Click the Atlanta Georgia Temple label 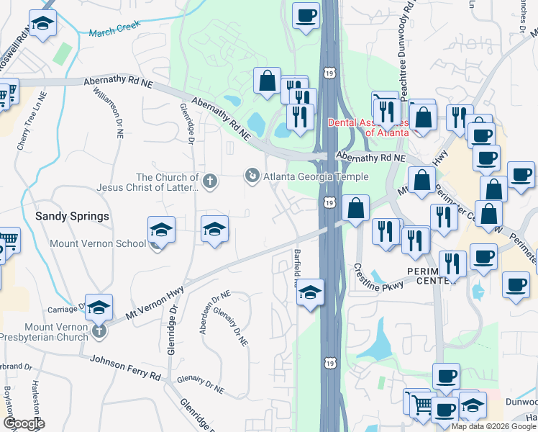tap(316, 176)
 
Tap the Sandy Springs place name tap(72, 216)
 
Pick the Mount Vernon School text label tap(98, 243)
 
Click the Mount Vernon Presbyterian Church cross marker tap(99, 331)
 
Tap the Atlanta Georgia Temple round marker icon tap(252, 175)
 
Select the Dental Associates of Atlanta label tap(368, 127)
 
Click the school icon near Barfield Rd tap(310, 293)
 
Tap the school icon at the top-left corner tap(42, 23)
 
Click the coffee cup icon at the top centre tap(306, 14)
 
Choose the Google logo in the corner tap(24, 423)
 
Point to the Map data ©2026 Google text tap(493, 426)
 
